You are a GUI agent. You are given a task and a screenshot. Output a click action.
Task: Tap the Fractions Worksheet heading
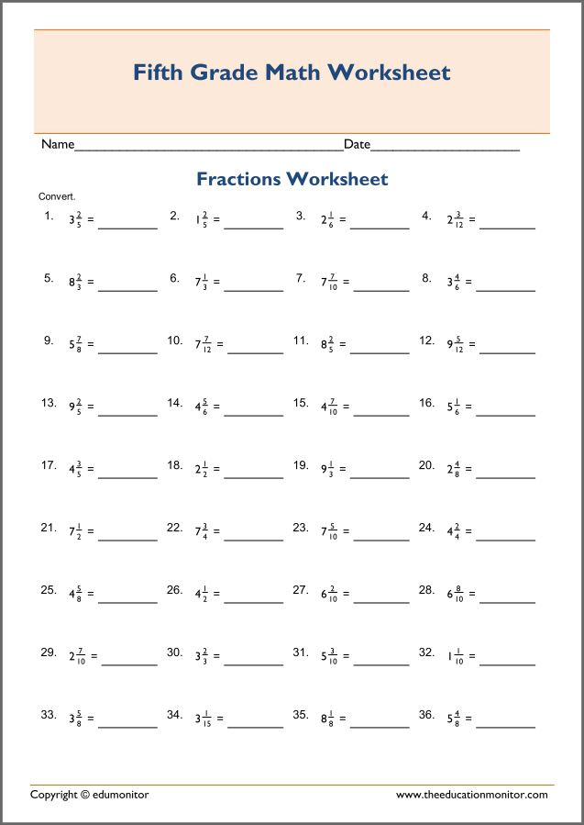[292, 179]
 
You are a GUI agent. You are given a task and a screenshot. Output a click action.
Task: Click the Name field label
[57, 145]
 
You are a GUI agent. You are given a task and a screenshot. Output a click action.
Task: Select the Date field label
[357, 145]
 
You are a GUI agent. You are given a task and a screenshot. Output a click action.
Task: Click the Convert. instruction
[57, 196]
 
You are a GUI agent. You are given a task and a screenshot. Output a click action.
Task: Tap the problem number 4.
[426, 217]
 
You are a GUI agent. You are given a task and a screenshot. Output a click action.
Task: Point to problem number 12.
[426, 340]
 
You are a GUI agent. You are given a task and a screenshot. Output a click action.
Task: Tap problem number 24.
[426, 528]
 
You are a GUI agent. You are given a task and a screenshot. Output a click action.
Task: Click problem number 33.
[49, 715]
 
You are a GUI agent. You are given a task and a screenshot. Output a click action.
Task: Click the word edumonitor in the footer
[120, 794]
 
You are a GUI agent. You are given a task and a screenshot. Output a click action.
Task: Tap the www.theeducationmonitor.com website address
[471, 794]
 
